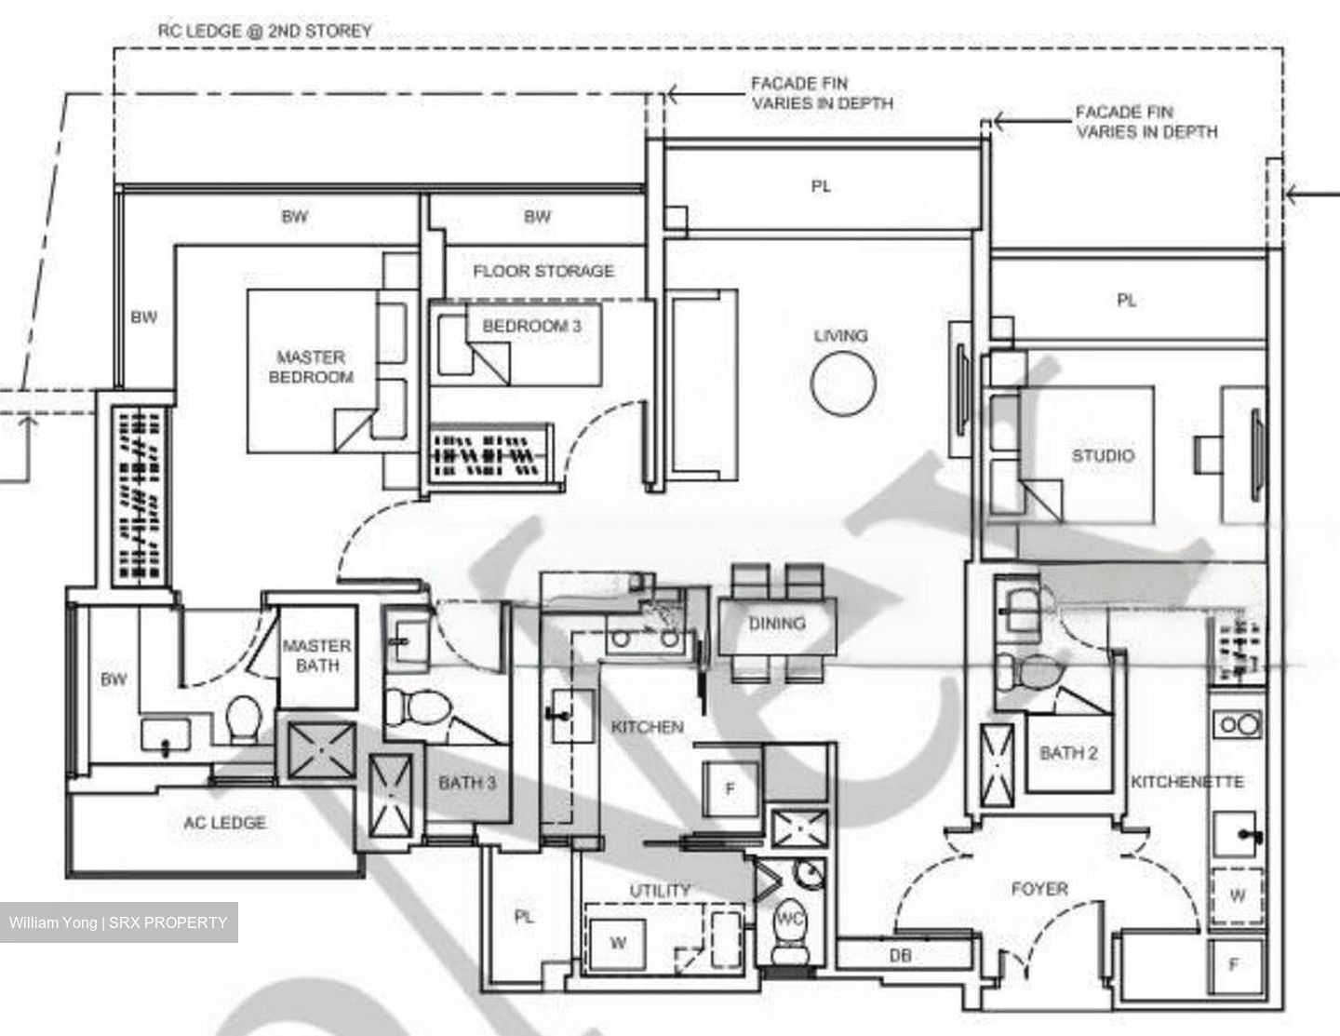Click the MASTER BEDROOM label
pyautogui.click(x=311, y=367)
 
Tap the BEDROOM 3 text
pyautogui.click(x=531, y=326)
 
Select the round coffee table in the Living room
pyautogui.click(x=843, y=385)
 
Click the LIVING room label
pyautogui.click(x=840, y=335)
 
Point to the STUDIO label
pyautogui.click(x=1103, y=455)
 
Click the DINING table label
pyautogui.click(x=777, y=623)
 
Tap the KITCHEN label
pyautogui.click(x=647, y=726)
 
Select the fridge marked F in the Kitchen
pyautogui.click(x=730, y=788)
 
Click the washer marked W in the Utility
pyautogui.click(x=618, y=943)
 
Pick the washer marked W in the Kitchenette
pyautogui.click(x=1237, y=895)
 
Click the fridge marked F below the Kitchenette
pyautogui.click(x=1234, y=964)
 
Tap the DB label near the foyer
pyautogui.click(x=900, y=955)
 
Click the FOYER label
pyautogui.click(x=1039, y=889)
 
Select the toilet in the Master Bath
pyautogui.click(x=245, y=720)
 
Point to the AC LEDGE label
pyautogui.click(x=224, y=822)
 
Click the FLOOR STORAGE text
pyautogui.click(x=543, y=271)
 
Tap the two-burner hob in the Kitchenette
pyautogui.click(x=1238, y=724)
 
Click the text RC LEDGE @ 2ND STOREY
pyautogui.click(x=264, y=31)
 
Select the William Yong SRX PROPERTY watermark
pyautogui.click(x=118, y=922)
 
